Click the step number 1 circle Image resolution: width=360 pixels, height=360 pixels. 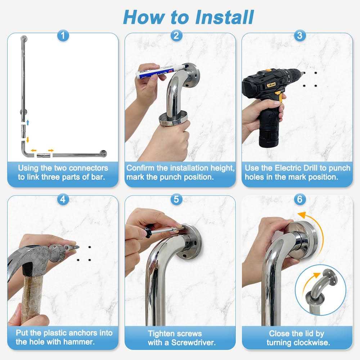[63, 35]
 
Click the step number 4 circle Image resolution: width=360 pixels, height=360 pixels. [63, 199]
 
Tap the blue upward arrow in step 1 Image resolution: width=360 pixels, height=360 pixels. [28, 122]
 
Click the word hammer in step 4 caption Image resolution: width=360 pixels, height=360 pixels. [76, 342]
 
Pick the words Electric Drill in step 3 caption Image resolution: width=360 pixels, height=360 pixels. [296, 168]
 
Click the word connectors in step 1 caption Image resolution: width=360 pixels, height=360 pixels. [88, 168]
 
